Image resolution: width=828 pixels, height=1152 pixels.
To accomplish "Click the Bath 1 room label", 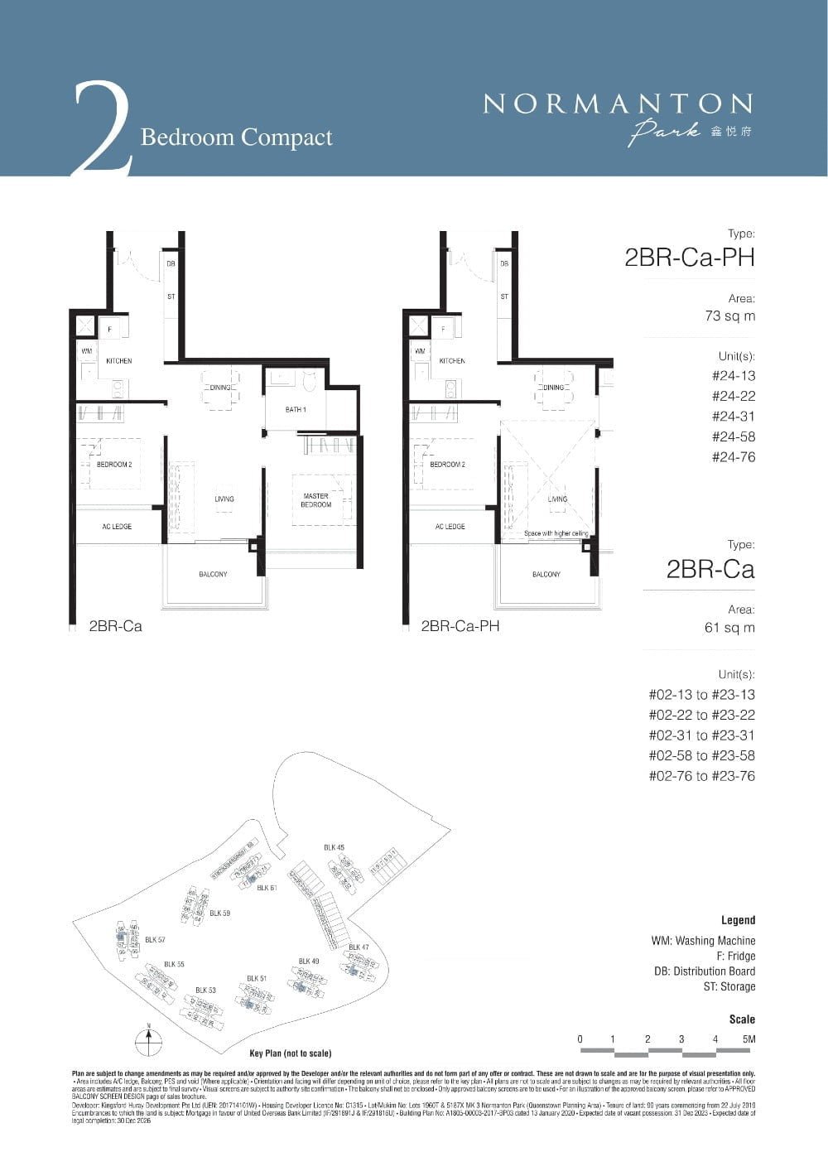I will [296, 410].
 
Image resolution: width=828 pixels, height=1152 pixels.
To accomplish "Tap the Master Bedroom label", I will [315, 500].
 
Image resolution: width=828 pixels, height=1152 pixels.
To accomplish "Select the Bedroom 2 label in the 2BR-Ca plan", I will [114, 465].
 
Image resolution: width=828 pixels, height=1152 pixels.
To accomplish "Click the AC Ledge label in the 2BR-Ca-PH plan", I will [450, 527].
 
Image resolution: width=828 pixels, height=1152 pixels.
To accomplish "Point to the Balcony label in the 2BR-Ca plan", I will [213, 575].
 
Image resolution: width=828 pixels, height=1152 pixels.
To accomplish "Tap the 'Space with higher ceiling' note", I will [556, 533].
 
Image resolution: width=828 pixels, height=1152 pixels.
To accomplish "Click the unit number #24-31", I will [734, 417].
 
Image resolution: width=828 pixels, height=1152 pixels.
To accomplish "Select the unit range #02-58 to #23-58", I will [701, 756].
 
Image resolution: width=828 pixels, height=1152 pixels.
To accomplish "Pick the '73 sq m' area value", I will [729, 316].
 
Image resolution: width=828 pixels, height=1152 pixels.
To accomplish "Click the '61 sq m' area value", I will [729, 628].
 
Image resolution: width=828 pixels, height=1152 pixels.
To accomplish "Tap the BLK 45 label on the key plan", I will [334, 847].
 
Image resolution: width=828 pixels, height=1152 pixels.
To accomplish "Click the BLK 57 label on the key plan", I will [155, 940].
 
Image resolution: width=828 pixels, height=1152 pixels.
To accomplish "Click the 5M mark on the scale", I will [749, 1039].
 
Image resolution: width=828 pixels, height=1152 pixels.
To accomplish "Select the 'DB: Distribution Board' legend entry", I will [704, 971].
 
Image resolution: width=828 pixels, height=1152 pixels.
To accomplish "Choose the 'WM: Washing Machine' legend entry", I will [703, 941].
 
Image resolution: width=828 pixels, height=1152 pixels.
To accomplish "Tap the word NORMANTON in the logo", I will [618, 104].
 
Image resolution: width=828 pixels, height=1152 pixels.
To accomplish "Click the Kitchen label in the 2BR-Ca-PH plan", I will [451, 361].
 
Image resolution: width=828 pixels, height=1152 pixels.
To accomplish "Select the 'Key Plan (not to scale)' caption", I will [290, 1053].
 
